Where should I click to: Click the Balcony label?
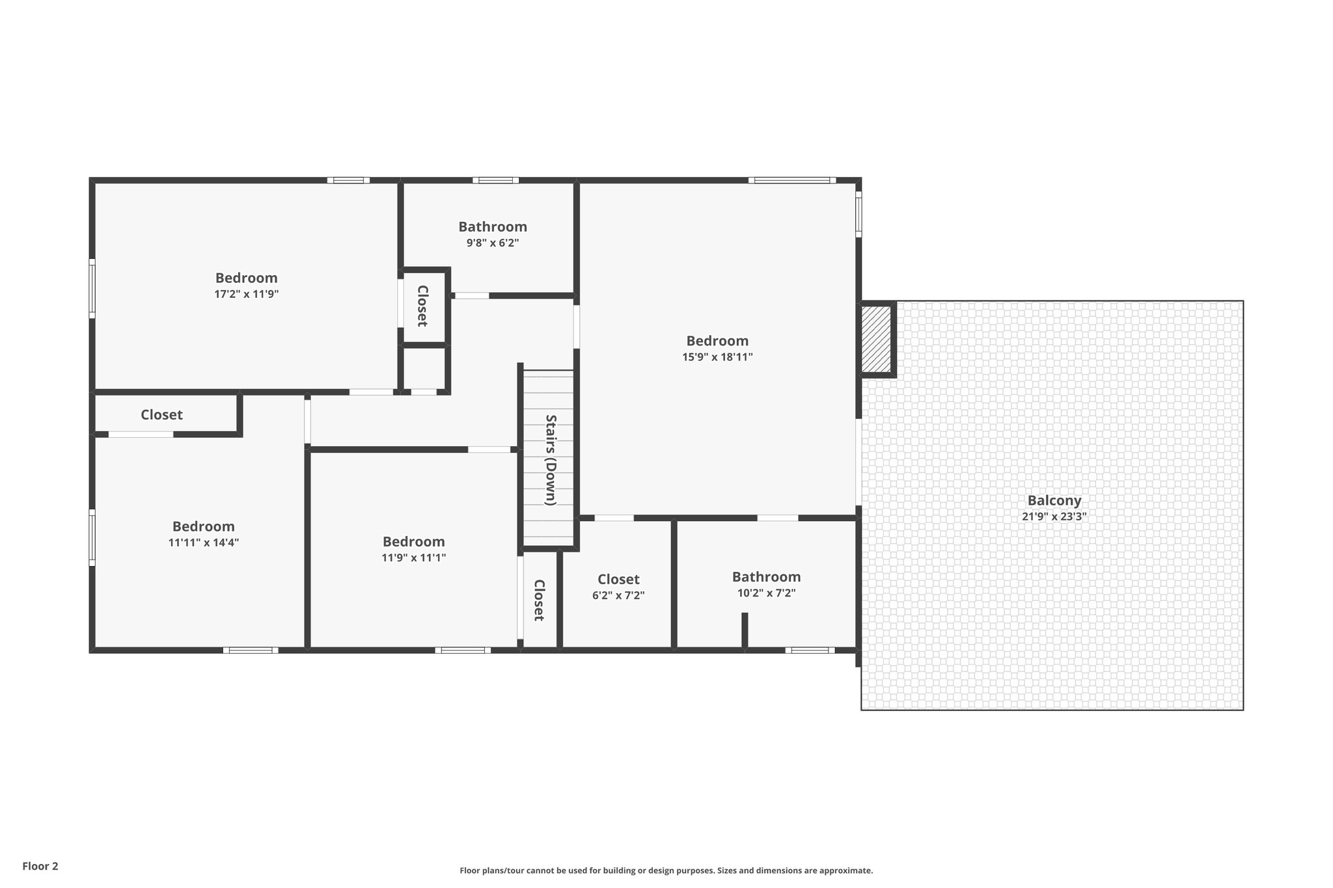point(1054,500)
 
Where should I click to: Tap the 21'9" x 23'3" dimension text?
point(1054,517)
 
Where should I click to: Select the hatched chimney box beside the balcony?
point(876,340)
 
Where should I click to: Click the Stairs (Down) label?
point(551,460)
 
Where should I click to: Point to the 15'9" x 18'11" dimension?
point(717,357)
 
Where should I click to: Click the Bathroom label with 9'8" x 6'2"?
point(492,226)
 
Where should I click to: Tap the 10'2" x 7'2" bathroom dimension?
point(766,593)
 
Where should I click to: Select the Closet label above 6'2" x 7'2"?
point(618,579)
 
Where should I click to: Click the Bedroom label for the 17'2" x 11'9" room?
point(246,278)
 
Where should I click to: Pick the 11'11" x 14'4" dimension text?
point(203,543)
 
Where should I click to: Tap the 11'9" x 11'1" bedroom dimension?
point(413,558)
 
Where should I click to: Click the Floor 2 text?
point(40,866)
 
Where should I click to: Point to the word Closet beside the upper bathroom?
point(422,306)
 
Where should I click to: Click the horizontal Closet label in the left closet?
point(161,414)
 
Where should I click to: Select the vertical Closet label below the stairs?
point(539,600)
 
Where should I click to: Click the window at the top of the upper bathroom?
point(495,180)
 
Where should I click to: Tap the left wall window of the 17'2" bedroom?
point(92,288)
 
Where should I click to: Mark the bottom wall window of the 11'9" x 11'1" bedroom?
point(463,650)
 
